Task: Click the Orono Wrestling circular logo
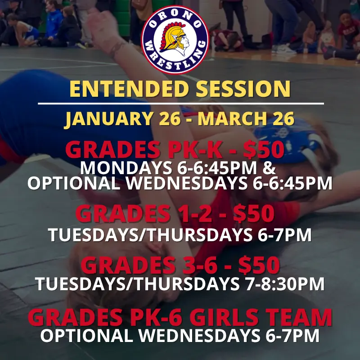(175, 38)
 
